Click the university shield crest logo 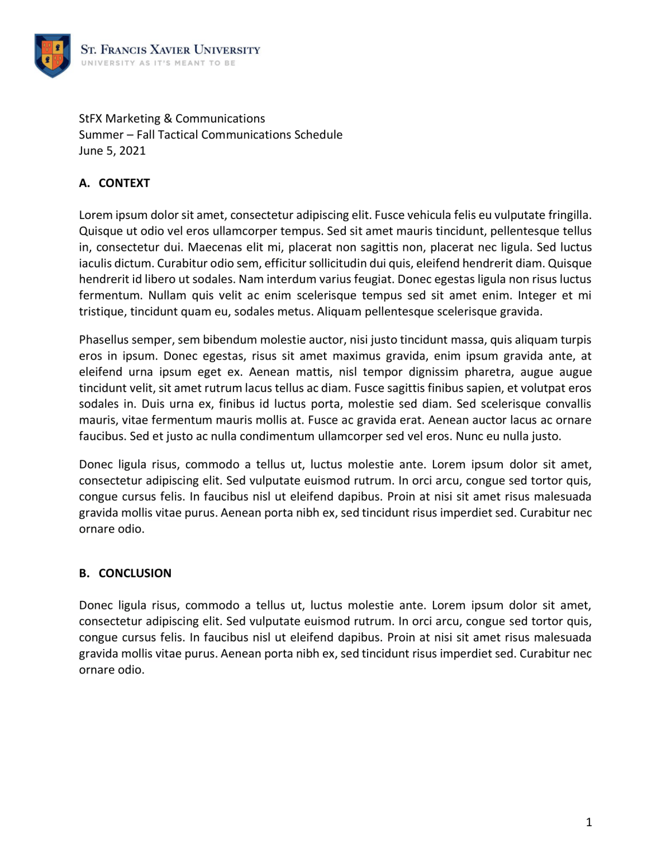tap(53, 56)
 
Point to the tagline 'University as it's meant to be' tap(158, 63)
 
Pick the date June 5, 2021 tap(112, 151)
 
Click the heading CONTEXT tap(124, 183)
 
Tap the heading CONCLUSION tap(135, 573)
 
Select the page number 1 tap(588, 822)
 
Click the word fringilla tap(568, 215)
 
